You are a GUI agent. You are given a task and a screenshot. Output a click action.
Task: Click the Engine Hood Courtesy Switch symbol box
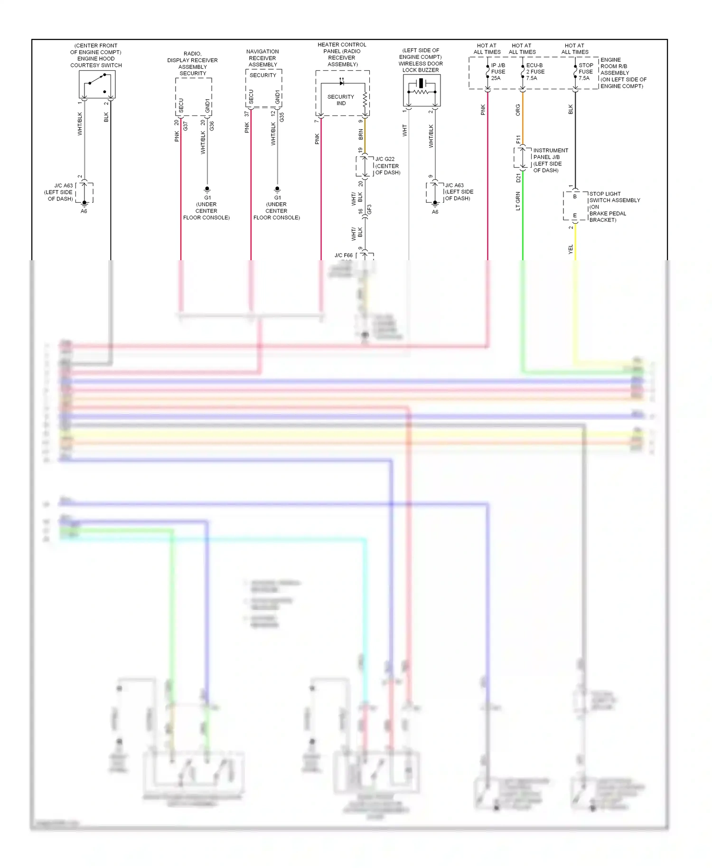(97, 85)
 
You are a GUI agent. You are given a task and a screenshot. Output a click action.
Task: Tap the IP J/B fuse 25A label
(497, 72)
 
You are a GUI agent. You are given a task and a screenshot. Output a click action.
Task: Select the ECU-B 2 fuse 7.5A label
(534, 72)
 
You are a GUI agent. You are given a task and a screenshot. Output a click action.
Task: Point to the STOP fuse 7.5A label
(585, 72)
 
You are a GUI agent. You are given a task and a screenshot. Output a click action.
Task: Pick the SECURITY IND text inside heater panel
(341, 100)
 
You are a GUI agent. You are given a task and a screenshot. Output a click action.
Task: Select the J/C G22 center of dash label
(387, 166)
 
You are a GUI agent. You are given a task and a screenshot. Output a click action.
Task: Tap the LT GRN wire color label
(518, 201)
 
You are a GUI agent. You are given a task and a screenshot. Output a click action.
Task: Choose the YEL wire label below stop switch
(571, 249)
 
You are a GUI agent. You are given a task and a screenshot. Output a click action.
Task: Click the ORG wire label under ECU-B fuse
(518, 110)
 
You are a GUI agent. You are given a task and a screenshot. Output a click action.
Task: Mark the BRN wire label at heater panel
(361, 134)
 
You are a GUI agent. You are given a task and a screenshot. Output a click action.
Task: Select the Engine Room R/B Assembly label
(623, 73)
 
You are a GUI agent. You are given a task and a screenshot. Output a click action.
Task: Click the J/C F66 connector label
(344, 255)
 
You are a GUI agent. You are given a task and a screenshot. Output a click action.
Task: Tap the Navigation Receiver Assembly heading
(262, 58)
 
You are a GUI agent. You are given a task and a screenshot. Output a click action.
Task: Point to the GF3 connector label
(369, 209)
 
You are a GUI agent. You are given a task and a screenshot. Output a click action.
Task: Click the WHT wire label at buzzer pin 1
(405, 130)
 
